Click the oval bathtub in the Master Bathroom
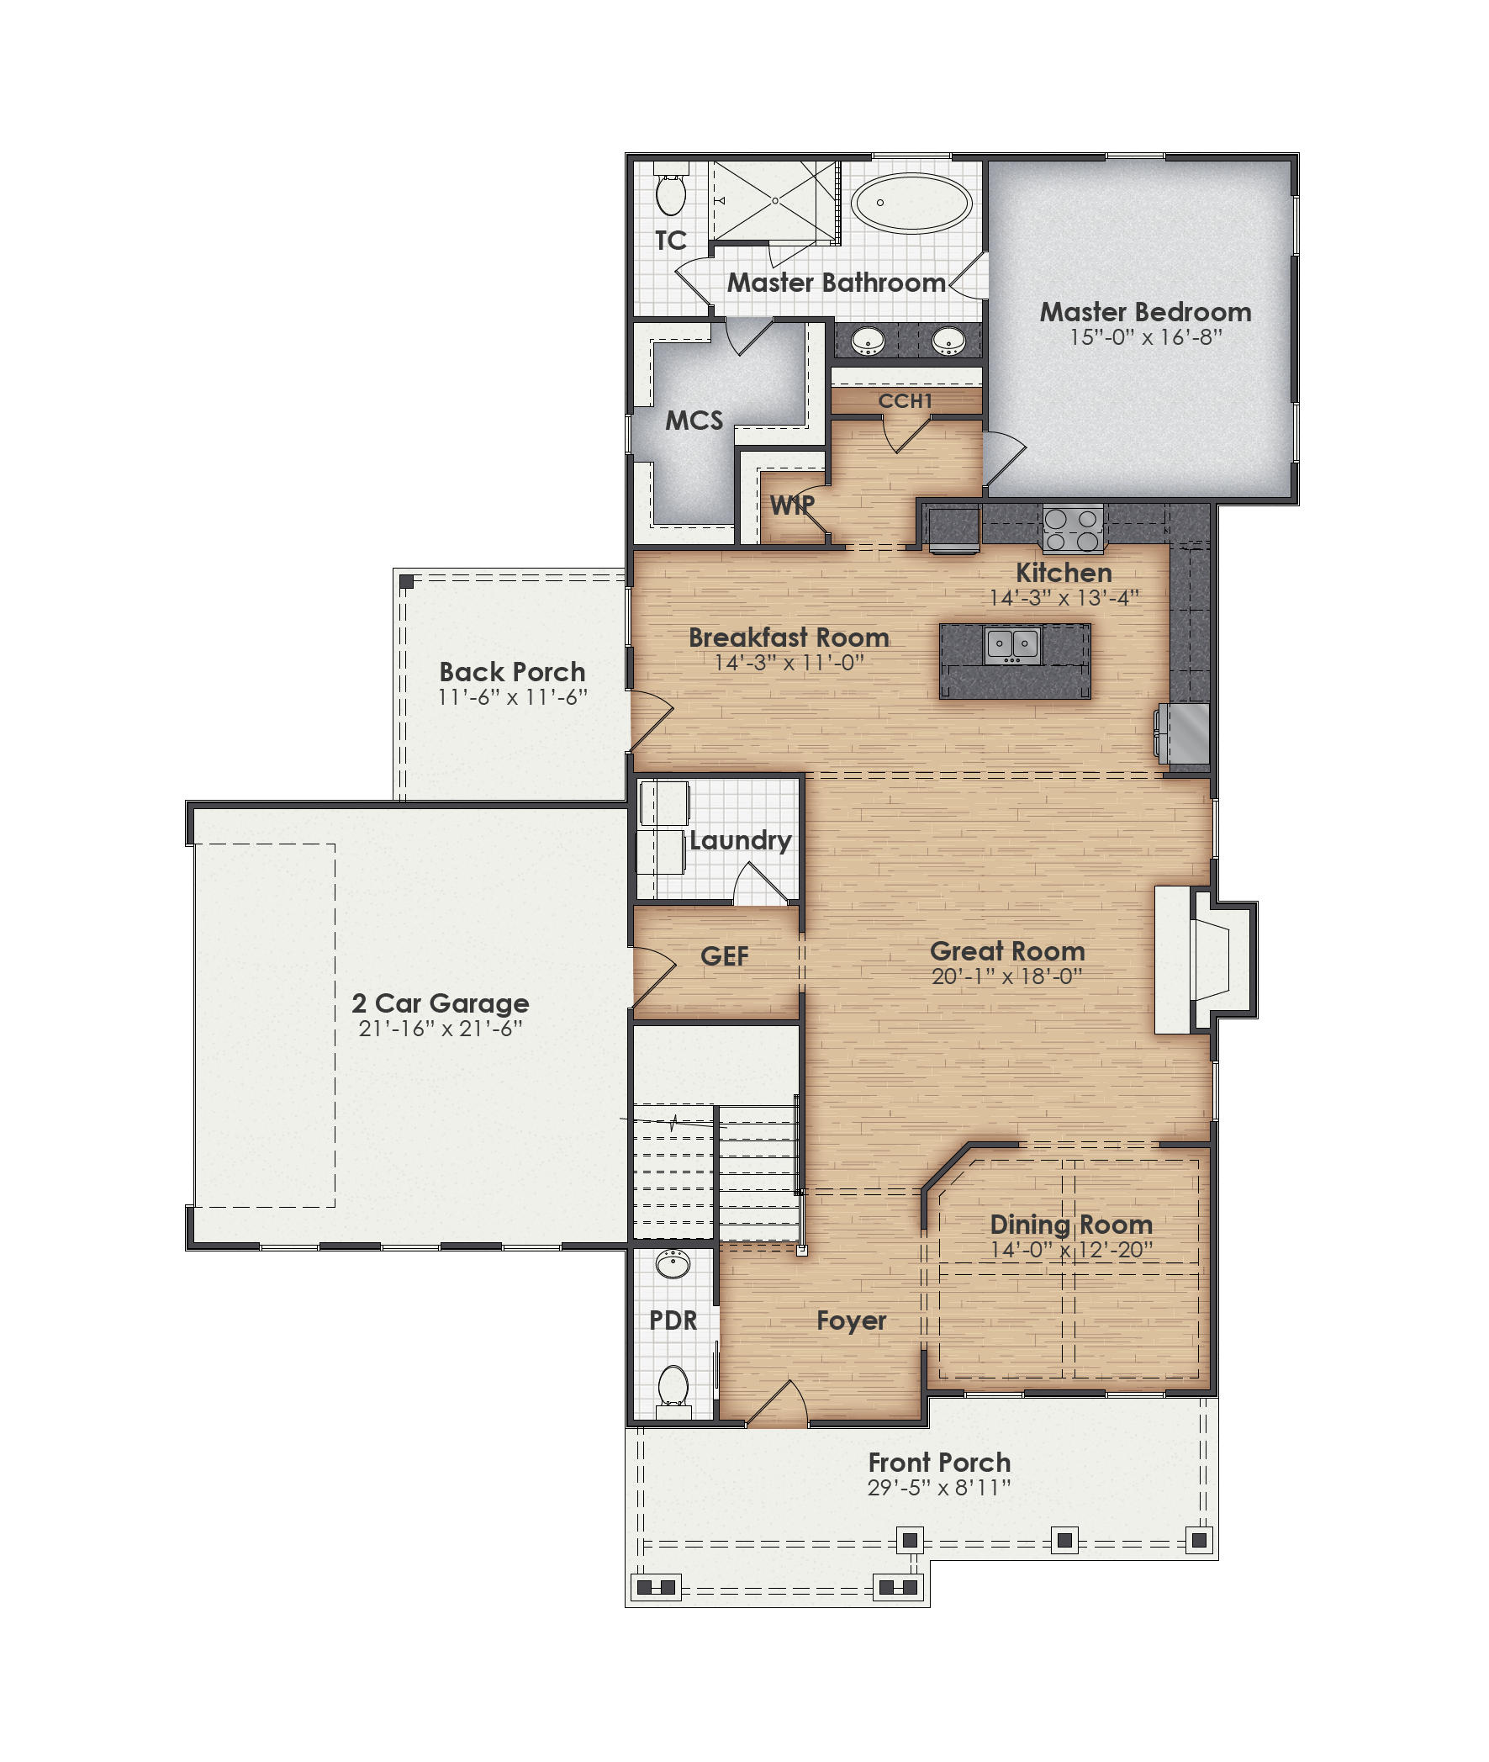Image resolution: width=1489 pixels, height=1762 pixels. tap(911, 204)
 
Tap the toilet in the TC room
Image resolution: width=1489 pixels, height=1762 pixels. tap(671, 193)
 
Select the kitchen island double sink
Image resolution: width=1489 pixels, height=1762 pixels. tap(1012, 645)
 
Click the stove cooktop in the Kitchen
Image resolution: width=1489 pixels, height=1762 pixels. tap(1072, 529)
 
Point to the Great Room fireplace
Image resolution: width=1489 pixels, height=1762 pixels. tap(1207, 959)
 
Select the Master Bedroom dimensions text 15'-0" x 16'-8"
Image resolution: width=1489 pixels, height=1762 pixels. tap(1145, 337)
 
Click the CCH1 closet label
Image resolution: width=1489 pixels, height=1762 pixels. tap(905, 400)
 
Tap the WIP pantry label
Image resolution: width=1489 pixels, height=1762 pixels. tap(792, 505)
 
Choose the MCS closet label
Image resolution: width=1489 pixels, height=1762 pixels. tap(694, 420)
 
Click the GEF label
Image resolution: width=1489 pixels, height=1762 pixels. tap(724, 955)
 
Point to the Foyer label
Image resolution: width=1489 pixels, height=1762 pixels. tap(851, 1320)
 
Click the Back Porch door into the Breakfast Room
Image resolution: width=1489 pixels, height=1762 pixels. tap(650, 720)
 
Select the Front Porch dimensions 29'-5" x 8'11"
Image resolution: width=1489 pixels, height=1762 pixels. tap(938, 1488)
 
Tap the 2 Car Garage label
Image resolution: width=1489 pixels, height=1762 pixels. tap(440, 1003)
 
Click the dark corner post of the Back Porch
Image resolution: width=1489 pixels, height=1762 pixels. tap(407, 582)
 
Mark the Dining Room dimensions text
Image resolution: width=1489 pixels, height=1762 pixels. tap(1071, 1250)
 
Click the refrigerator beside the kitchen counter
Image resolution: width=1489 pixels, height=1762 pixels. tap(1185, 733)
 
